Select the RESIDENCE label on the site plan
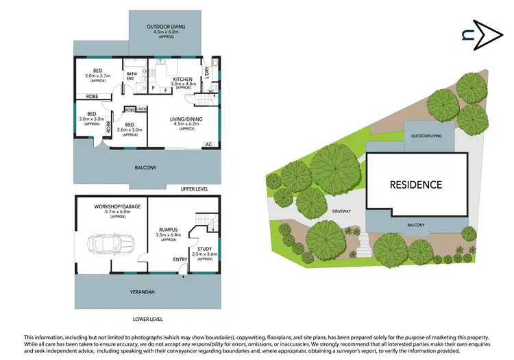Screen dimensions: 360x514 pyautogui.click(x=415, y=184)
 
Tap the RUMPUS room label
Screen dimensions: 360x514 pyautogui.click(x=169, y=230)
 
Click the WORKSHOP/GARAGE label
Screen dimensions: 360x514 pyautogui.click(x=111, y=205)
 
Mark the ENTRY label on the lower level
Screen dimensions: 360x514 pyautogui.click(x=180, y=259)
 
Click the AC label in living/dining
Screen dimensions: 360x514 pyautogui.click(x=207, y=145)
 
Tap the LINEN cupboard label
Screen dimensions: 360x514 pyautogui.click(x=141, y=109)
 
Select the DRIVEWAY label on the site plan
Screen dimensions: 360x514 pyautogui.click(x=341, y=211)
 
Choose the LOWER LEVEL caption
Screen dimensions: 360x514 pyautogui.click(x=147, y=319)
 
